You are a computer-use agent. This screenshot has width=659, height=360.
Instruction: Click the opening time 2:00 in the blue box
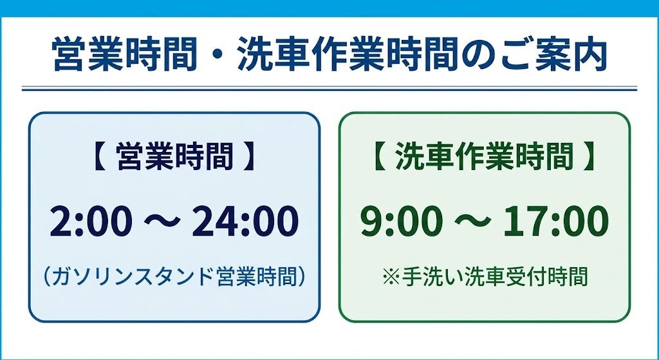tap(91, 221)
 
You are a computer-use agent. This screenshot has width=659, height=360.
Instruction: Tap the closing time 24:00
tap(245, 221)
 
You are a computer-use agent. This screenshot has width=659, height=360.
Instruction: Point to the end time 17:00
tap(557, 221)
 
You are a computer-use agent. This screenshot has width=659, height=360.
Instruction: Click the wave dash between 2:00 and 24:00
tap(162, 221)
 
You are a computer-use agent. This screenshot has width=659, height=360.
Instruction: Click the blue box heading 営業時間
tap(175, 157)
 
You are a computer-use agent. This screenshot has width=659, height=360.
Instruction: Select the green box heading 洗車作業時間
tap(485, 157)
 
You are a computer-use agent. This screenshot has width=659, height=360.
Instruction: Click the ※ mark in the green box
tap(391, 277)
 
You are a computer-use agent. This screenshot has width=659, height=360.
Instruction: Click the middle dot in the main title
tap(218, 55)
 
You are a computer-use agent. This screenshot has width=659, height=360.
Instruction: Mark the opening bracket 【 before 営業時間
tap(100, 157)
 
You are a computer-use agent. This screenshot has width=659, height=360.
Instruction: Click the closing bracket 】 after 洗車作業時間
tap(589, 157)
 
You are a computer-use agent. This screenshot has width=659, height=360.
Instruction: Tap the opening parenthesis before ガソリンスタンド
tap(47, 277)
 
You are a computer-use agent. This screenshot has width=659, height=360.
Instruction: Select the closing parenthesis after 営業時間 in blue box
tap(301, 277)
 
